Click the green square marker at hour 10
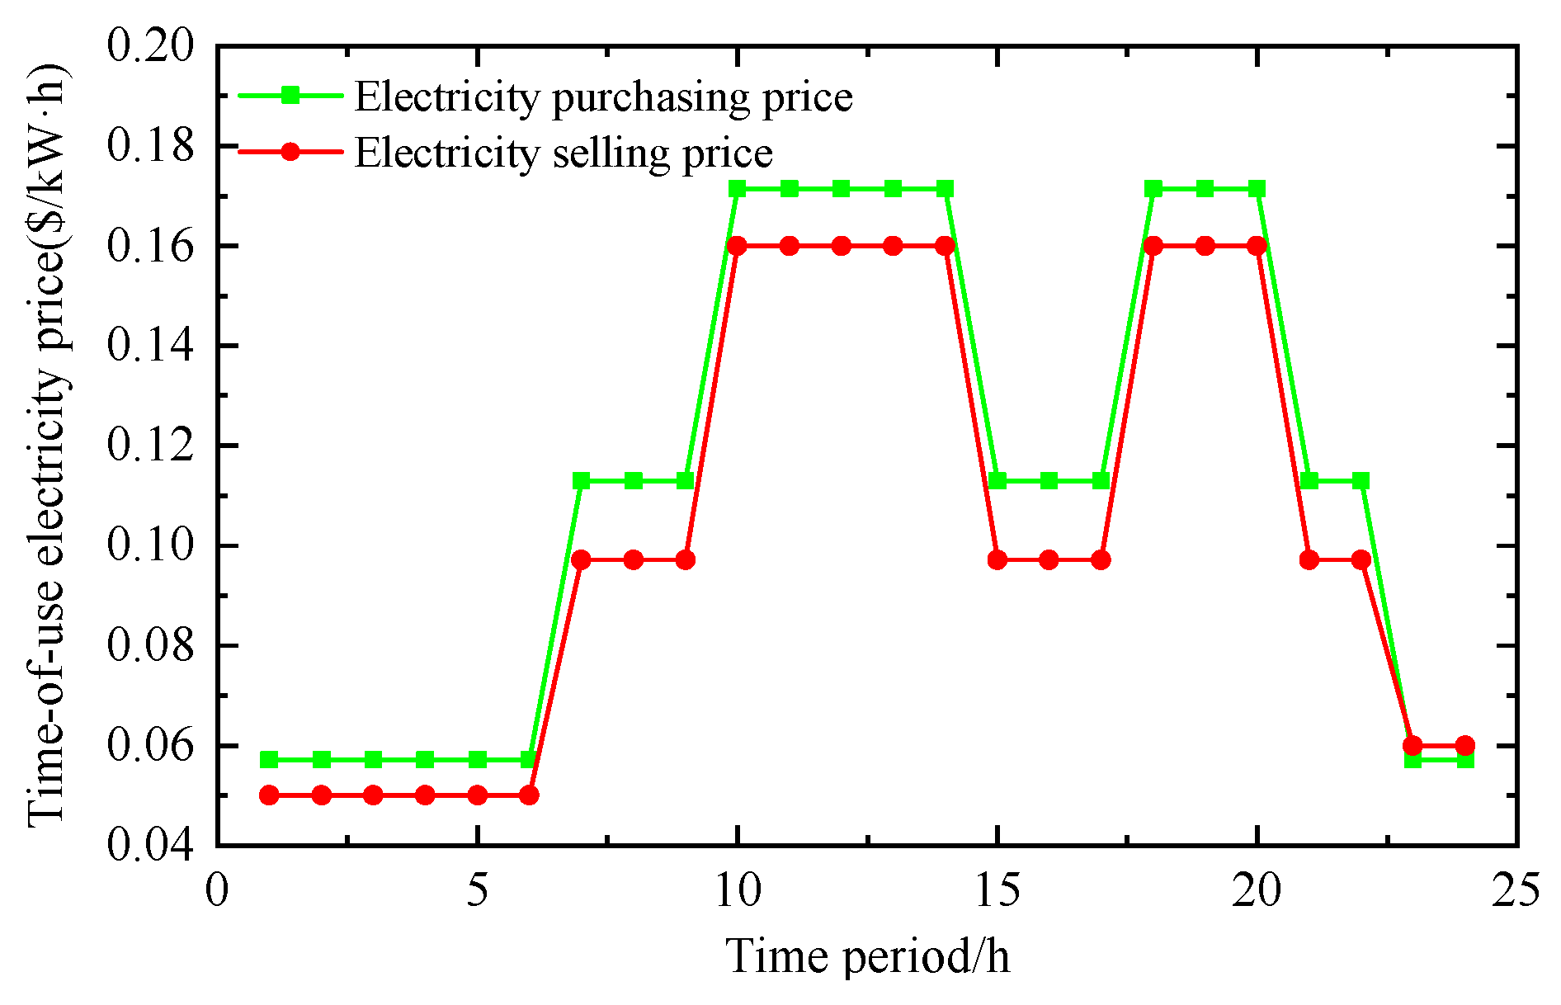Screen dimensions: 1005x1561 coord(738,189)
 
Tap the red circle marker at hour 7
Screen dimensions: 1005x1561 coord(582,560)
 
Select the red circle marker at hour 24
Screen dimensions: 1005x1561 coord(1465,745)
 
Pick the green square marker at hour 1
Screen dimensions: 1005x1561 coord(269,759)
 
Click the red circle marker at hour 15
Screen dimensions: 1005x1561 coord(997,560)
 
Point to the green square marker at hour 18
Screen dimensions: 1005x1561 coord(1153,189)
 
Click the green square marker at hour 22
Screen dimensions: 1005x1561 coord(1361,480)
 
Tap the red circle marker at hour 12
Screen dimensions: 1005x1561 coord(842,246)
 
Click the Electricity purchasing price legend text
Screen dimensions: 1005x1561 coord(603,97)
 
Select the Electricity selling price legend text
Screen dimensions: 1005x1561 coord(564,153)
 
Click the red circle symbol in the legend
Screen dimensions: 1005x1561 coord(290,152)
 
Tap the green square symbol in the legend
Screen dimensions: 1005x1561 coord(290,96)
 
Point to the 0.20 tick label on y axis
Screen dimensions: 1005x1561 coord(151,45)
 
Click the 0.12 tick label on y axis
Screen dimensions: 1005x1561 coord(151,446)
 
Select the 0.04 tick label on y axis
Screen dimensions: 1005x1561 coord(151,845)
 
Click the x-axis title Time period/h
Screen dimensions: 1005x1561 coord(867,957)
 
